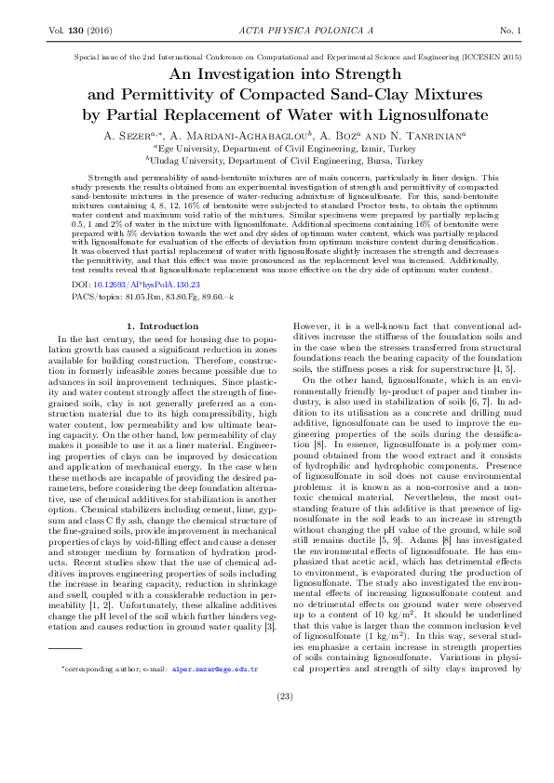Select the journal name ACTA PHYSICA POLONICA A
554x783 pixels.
pyautogui.click(x=277, y=32)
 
